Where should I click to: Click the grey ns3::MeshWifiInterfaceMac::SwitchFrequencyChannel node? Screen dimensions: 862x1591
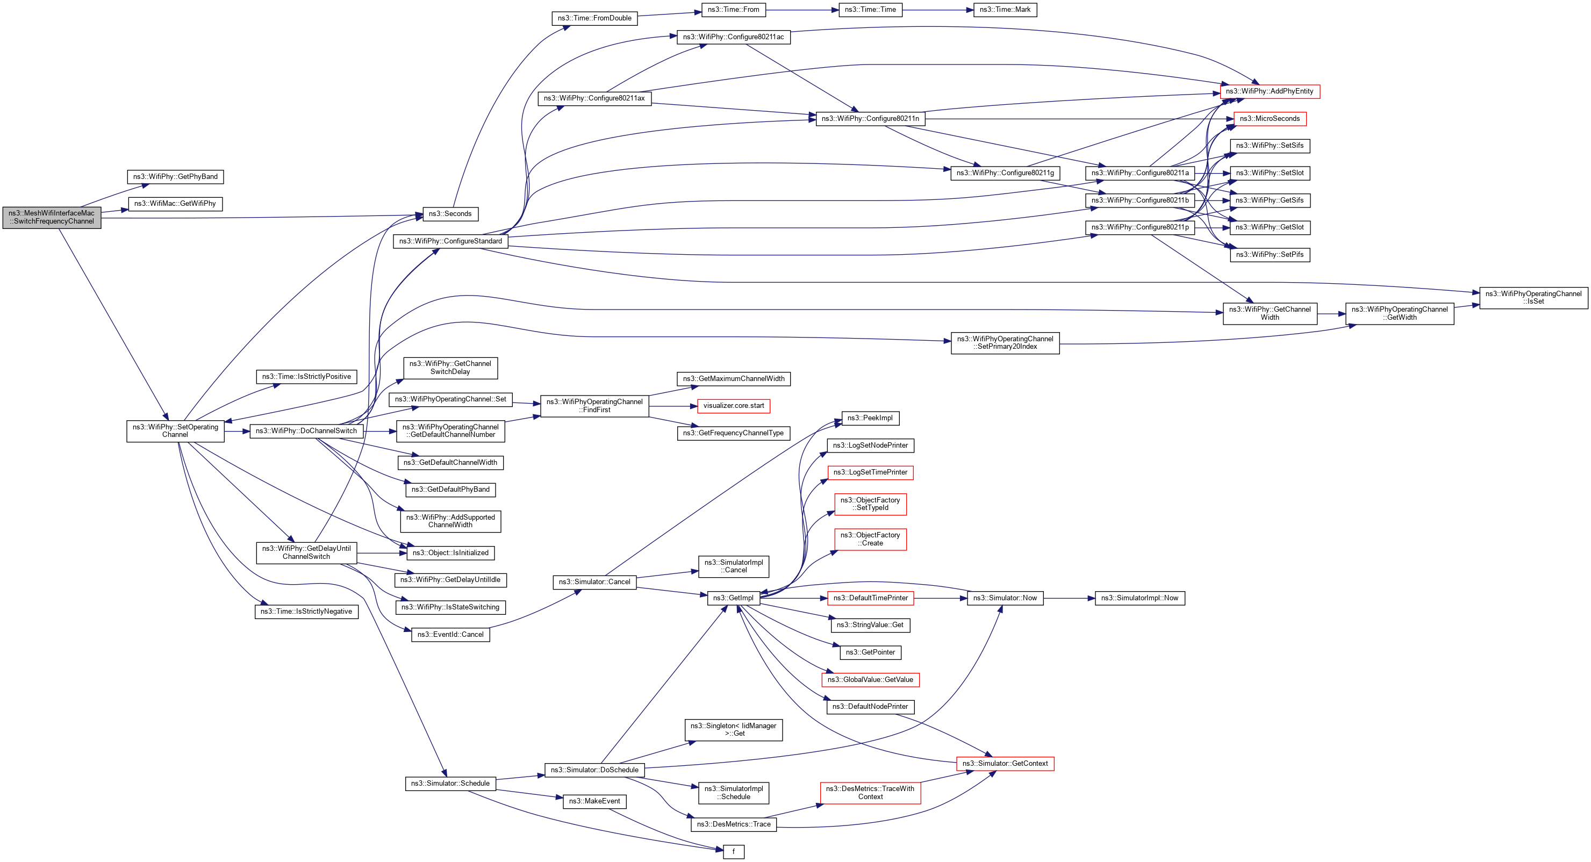tap(52, 217)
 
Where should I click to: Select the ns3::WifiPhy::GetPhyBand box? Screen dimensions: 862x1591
tap(175, 177)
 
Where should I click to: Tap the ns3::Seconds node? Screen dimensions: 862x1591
tap(450, 214)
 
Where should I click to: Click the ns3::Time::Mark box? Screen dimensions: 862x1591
tap(1005, 10)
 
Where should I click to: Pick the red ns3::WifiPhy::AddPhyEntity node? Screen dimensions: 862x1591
tap(1269, 91)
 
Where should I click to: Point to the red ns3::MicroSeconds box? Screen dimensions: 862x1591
tap(1269, 119)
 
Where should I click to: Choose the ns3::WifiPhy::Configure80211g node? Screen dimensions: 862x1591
tap(1005, 173)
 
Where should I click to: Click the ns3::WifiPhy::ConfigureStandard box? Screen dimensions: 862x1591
tap(450, 241)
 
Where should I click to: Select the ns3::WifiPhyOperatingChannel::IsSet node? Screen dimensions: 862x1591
tap(1533, 298)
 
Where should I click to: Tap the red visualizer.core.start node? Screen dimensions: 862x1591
tap(733, 406)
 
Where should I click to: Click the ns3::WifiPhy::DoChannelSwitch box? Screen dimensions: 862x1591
tap(306, 431)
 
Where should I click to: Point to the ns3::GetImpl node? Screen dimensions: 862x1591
tap(733, 598)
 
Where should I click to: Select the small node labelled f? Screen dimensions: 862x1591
tap(733, 851)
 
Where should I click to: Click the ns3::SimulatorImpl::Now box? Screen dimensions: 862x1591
tap(1139, 598)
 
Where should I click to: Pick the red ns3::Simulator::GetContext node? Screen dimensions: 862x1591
tap(1005, 764)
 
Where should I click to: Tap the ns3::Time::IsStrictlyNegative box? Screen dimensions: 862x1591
tap(306, 612)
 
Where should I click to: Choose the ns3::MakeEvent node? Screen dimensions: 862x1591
tap(594, 801)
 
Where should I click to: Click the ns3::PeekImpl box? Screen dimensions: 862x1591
tap(870, 418)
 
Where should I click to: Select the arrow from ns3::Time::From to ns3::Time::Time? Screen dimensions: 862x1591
tap(802, 10)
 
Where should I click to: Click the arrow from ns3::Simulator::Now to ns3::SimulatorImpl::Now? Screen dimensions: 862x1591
tap(1069, 598)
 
